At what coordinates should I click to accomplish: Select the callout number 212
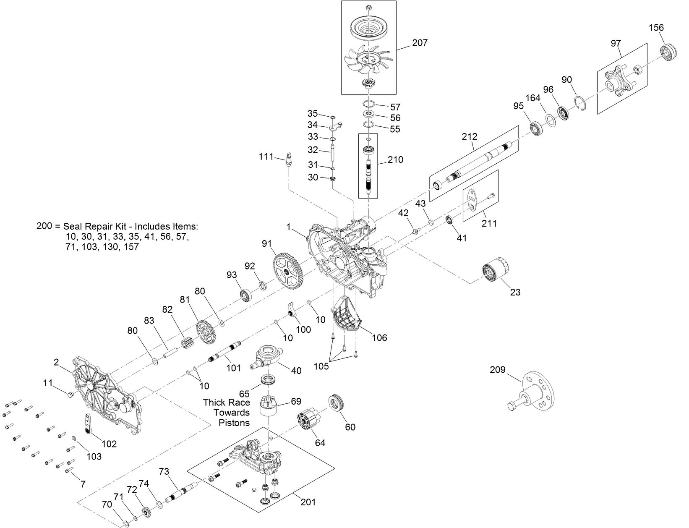click(x=470, y=137)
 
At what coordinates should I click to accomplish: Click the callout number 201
click(x=308, y=502)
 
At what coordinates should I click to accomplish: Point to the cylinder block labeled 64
click(x=309, y=421)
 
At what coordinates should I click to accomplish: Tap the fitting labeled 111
click(x=288, y=159)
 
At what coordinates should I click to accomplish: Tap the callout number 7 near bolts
click(x=83, y=484)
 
